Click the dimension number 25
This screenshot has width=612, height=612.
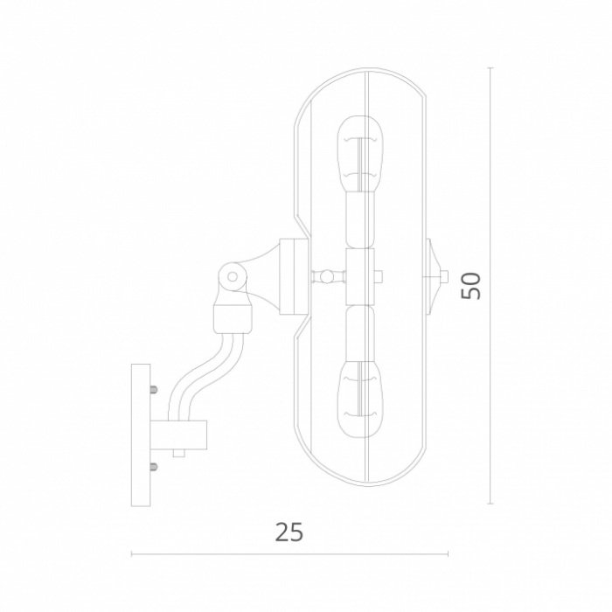click(x=289, y=532)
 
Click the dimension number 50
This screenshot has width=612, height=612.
click(x=470, y=286)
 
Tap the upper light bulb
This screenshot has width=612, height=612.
click(x=359, y=154)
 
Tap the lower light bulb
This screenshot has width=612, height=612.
click(x=359, y=400)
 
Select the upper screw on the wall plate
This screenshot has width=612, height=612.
click(x=153, y=389)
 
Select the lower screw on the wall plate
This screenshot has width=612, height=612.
click(x=153, y=466)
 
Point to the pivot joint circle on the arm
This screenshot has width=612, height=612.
click(x=233, y=277)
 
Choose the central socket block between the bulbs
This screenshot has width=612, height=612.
click(x=360, y=277)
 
